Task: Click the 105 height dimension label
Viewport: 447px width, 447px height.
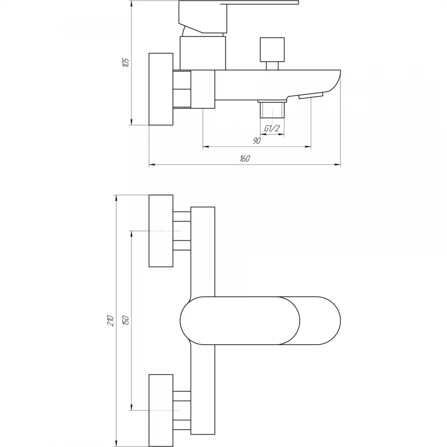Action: tap(126, 63)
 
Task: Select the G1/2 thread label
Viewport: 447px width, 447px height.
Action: tap(272, 129)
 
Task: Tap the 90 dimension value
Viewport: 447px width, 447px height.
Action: tap(257, 140)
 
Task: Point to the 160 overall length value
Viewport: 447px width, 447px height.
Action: tap(245, 159)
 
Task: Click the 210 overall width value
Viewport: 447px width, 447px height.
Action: tap(110, 320)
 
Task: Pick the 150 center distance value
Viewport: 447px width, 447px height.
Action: tap(126, 320)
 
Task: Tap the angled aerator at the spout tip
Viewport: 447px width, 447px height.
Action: tap(311, 96)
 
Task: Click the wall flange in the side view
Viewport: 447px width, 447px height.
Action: tap(161, 89)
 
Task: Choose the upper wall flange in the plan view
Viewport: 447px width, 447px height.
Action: tap(161, 231)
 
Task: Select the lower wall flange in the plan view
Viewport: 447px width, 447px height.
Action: tap(161, 410)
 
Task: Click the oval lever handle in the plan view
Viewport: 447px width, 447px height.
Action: tap(260, 320)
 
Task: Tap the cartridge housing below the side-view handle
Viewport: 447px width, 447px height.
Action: tap(202, 53)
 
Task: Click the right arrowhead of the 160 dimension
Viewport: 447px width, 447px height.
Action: tap(338, 164)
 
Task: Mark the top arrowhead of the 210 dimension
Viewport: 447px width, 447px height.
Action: tap(116, 198)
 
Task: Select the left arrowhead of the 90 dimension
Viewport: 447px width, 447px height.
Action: tap(206, 147)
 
